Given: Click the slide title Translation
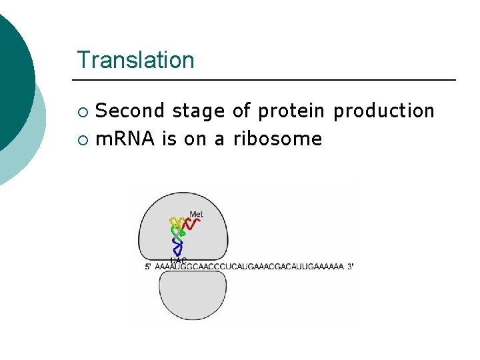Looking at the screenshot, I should [x=135, y=60].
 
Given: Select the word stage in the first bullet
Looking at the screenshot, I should [x=199, y=111].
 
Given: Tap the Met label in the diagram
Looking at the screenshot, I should [x=196, y=214].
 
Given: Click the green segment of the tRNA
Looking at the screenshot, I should [x=178, y=233].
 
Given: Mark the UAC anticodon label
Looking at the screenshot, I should [x=178, y=260].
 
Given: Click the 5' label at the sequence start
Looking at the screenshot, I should [x=148, y=266].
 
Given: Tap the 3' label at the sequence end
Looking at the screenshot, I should [x=350, y=266].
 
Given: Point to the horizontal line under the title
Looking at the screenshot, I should [x=267, y=80].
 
